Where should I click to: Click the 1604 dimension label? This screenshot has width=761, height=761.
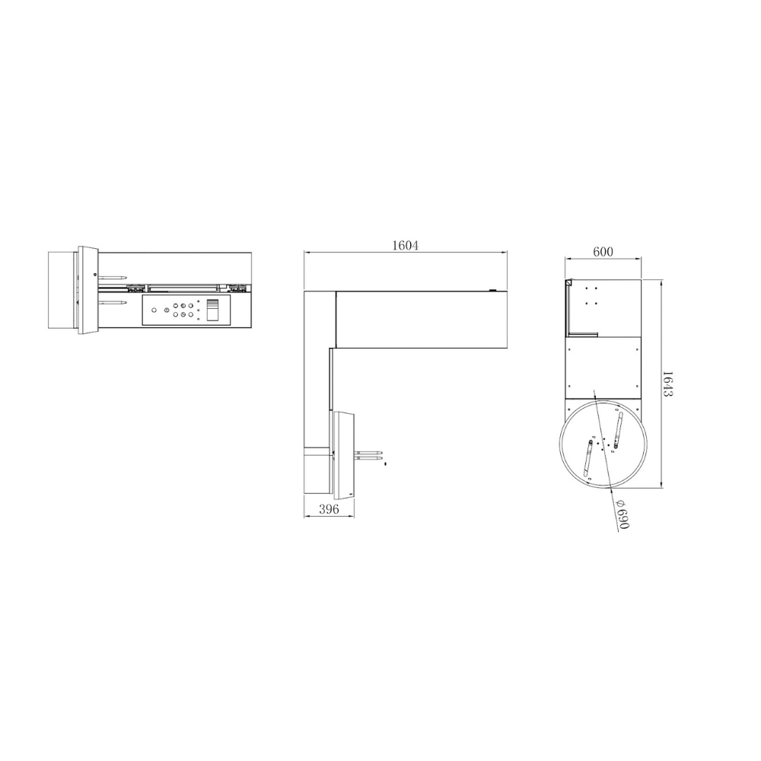[x=405, y=245]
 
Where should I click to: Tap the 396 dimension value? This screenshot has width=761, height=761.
[x=329, y=508]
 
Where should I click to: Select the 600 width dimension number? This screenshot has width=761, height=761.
[x=603, y=251]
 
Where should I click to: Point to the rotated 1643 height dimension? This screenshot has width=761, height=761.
[x=668, y=384]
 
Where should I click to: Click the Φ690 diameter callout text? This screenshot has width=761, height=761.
[x=622, y=514]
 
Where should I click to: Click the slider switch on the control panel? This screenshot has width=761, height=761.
[x=212, y=310]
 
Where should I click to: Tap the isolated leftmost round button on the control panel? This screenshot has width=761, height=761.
[x=154, y=310]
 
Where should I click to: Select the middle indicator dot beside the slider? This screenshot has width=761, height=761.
[x=199, y=310]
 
